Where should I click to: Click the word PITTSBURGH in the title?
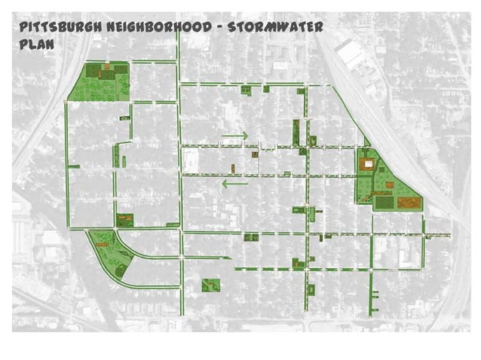tap(56, 27)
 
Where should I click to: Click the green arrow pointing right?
tap(235, 136)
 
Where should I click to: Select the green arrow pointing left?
tap(234, 182)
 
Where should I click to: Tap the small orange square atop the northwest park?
tap(109, 66)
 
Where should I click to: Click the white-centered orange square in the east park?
tap(367, 163)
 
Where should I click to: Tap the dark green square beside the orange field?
tap(384, 201)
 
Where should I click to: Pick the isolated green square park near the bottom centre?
tap(210, 285)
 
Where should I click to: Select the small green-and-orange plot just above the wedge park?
tap(124, 219)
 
